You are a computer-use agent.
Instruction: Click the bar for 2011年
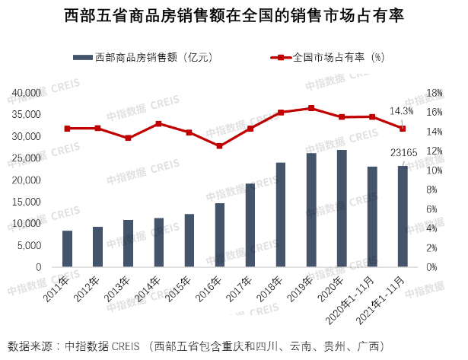pyautogui.click(x=68, y=249)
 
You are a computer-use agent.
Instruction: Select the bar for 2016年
pyautogui.click(x=220, y=235)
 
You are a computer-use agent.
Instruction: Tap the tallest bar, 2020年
pyautogui.click(x=342, y=209)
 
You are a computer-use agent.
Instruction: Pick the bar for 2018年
pyautogui.click(x=281, y=215)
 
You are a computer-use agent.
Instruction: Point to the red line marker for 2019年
pyautogui.click(x=311, y=108)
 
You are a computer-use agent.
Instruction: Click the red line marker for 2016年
pyautogui.click(x=220, y=145)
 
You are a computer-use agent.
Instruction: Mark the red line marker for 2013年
pyautogui.click(x=129, y=138)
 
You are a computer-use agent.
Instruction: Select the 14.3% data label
pyautogui.click(x=402, y=111)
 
